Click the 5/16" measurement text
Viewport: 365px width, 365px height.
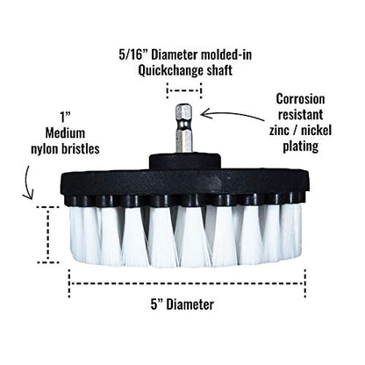130,55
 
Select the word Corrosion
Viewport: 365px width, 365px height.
300,99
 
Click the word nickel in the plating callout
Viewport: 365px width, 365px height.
318,130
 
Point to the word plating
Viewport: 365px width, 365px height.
300,146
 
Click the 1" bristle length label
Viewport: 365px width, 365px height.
66,118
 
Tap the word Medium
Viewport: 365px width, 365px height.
65,133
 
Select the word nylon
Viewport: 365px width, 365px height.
46,149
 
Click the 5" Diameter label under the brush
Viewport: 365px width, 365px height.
182,304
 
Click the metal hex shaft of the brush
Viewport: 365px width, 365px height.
183,128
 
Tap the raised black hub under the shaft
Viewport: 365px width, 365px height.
183,161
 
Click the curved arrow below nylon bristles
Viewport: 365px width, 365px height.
28,182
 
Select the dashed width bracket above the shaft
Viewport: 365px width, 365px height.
184,90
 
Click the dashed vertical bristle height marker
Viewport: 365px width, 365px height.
49,234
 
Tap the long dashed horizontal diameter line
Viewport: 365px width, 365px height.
187,283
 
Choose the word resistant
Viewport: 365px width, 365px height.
300,115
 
